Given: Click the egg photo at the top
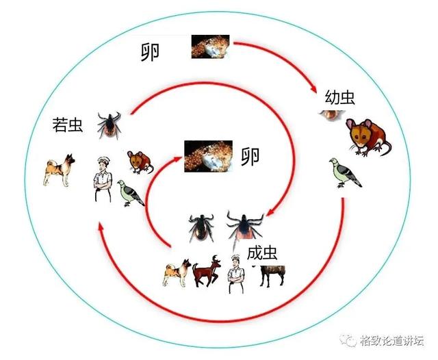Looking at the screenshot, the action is point(210,47).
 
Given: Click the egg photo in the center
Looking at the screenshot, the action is point(208,156).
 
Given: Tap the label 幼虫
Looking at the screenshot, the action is point(340,97).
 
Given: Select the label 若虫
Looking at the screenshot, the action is point(68,125).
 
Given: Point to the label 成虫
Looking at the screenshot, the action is point(262,253).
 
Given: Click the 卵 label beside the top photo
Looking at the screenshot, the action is point(150,53).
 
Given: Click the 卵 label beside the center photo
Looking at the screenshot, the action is point(250,157).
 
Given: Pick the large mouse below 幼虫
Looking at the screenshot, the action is point(368,137).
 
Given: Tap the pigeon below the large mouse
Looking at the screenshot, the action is point(345,172).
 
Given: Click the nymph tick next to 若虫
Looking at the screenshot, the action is point(109,125).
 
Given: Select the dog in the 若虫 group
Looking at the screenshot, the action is point(60,170).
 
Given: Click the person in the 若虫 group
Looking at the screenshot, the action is point(103,179).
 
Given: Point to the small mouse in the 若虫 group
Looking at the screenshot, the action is point(140,162).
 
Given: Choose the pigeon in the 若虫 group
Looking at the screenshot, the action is point(131,193).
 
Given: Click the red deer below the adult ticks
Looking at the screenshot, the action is point(207,271).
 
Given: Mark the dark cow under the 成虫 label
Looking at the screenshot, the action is point(271,276).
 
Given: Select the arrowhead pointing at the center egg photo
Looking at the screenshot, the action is point(178,159).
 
